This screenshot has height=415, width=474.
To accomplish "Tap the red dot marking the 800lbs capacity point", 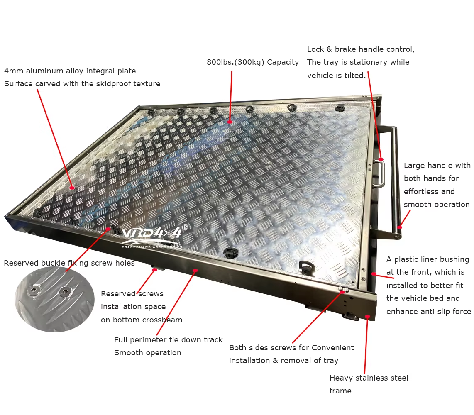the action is click(x=230, y=122).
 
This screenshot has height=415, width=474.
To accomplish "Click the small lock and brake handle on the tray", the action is click(x=380, y=174).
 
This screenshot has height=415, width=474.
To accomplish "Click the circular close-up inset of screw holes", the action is click(x=54, y=299).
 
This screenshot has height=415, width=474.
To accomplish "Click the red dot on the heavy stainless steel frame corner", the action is click(x=367, y=317).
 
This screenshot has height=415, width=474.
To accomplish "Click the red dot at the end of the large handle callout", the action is click(x=400, y=227).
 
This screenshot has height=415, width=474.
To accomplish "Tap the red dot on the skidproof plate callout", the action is click(x=72, y=188).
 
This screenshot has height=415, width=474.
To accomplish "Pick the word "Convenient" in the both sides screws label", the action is click(x=332, y=348).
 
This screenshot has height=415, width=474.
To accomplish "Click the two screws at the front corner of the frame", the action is click(x=344, y=290).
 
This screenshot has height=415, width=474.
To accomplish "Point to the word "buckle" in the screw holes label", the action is click(x=53, y=263).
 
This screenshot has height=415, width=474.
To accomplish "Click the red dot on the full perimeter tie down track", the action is click(x=195, y=270).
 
